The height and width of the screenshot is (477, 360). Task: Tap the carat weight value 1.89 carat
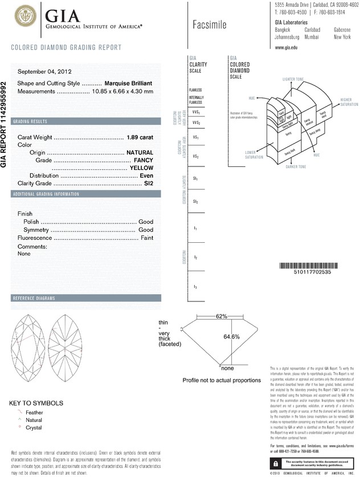point(142,137)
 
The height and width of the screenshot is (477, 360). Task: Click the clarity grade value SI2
point(149,183)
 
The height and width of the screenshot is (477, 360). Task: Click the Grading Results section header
point(35,122)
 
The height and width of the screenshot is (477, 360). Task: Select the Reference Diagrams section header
point(34,299)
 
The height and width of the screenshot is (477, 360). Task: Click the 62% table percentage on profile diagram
point(222,316)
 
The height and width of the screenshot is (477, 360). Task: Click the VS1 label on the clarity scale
point(195,137)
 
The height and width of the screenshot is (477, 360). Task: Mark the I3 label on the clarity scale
point(195,286)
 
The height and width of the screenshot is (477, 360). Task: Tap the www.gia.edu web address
point(286,47)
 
